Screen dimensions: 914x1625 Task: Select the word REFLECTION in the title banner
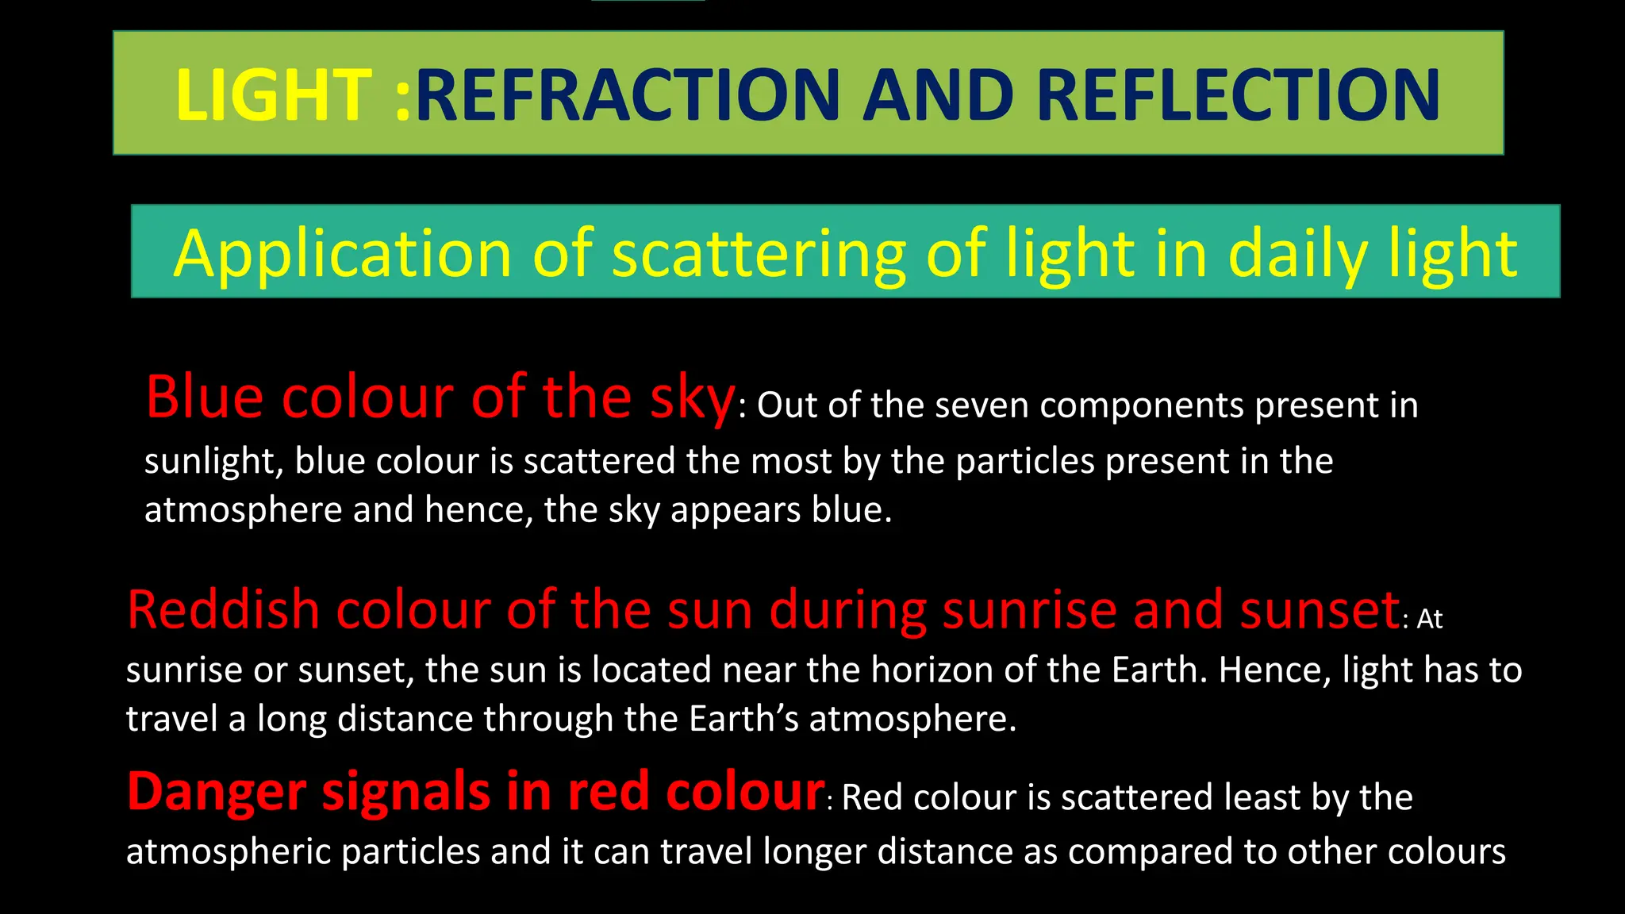coord(1238,95)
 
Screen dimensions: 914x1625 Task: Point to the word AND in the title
coord(938,95)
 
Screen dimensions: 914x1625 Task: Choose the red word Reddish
coord(222,610)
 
